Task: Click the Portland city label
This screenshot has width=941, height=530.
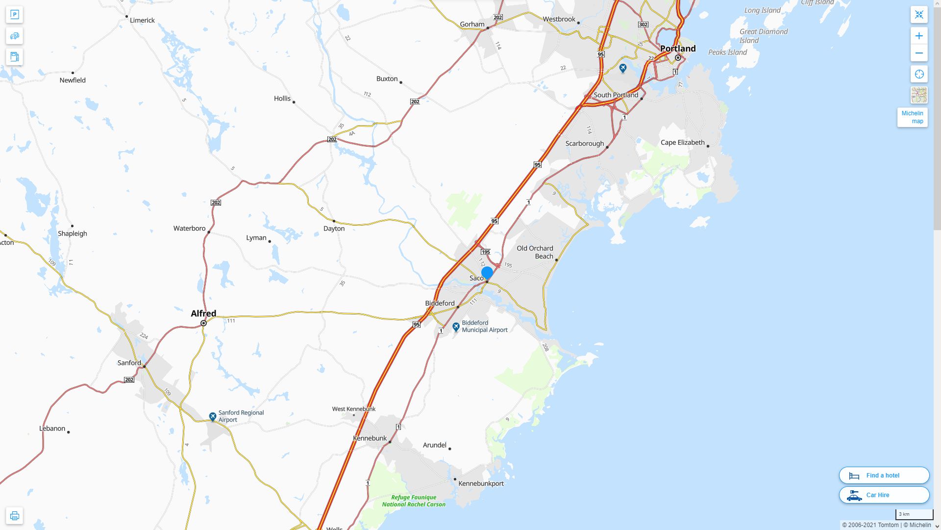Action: point(677,49)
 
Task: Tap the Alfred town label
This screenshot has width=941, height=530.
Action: point(203,314)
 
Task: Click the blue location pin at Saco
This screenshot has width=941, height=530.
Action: point(487,273)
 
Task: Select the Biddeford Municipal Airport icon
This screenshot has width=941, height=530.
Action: point(456,326)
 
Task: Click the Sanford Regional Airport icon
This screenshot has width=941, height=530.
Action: point(213,417)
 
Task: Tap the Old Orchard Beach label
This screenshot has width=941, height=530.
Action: point(535,252)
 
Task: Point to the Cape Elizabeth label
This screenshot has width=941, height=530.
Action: point(682,143)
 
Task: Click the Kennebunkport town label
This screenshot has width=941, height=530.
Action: point(481,483)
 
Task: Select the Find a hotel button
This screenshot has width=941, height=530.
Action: point(884,476)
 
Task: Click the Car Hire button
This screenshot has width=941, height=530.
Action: point(884,495)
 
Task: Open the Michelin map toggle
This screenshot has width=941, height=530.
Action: point(912,117)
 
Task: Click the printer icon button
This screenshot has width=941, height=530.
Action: point(14,516)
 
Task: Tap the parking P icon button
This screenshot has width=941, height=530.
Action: point(14,15)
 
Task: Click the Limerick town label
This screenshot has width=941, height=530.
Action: point(142,21)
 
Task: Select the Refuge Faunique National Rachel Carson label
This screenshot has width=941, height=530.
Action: point(414,501)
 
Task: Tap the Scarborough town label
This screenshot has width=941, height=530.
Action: point(584,144)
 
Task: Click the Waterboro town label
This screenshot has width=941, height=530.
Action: point(189,229)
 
